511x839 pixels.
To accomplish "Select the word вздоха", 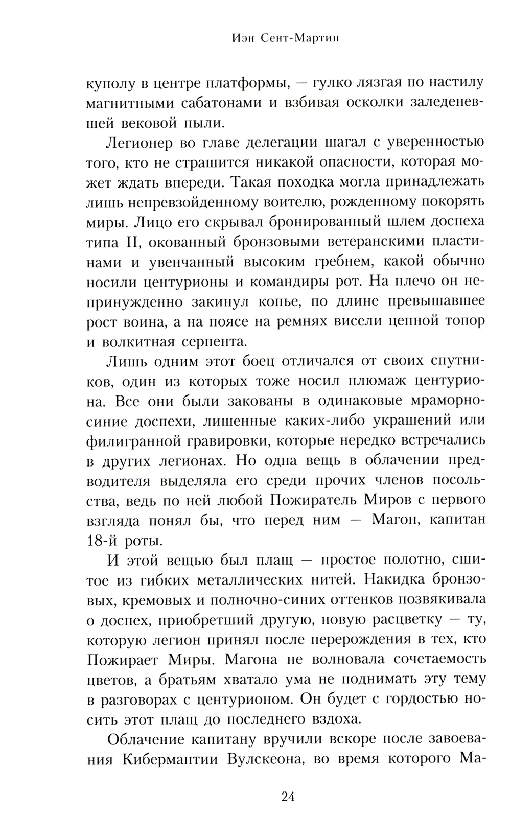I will [x=331, y=719].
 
